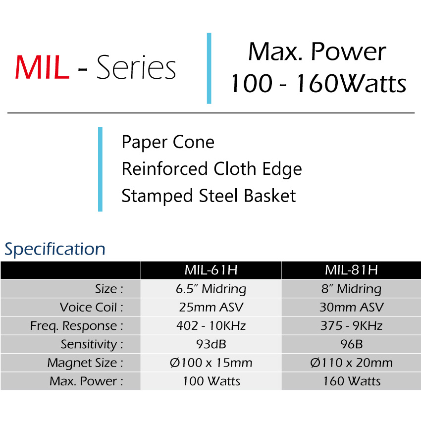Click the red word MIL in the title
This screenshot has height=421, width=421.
(42, 67)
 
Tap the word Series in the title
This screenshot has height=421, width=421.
(136, 67)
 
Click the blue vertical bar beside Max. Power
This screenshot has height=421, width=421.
(209, 68)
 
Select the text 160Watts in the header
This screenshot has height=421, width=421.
(351, 84)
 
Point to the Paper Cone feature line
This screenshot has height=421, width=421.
(168, 142)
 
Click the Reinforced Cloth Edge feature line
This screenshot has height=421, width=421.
(212, 169)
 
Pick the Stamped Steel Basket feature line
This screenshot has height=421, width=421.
(209, 196)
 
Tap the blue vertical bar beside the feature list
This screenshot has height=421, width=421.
(100, 169)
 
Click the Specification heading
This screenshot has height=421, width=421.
(55, 249)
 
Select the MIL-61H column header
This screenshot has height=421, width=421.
(211, 270)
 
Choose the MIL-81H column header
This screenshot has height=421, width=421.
(352, 270)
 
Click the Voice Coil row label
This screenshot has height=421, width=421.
(92, 307)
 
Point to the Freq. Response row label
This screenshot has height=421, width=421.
(77, 326)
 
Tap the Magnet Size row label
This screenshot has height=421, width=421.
(85, 363)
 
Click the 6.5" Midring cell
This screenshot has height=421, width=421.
(211, 289)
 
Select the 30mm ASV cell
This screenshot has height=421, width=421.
(352, 307)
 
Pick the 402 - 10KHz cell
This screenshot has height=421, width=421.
(211, 326)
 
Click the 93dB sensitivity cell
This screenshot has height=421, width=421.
(211, 344)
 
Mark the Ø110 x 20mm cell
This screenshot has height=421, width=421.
(352, 363)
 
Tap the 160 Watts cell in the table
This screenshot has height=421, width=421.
(352, 381)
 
